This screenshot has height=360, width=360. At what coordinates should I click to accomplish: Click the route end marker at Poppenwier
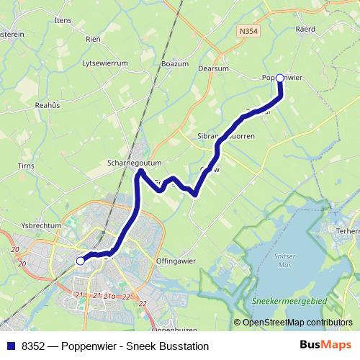point(279,79)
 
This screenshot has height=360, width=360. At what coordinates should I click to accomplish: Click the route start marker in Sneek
point(81,261)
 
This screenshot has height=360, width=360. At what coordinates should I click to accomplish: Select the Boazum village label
point(175,63)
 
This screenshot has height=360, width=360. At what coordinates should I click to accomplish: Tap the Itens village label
point(63,20)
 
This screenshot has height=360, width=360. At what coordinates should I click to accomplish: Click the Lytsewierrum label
point(105,63)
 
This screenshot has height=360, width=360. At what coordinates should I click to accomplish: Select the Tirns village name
point(26,166)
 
